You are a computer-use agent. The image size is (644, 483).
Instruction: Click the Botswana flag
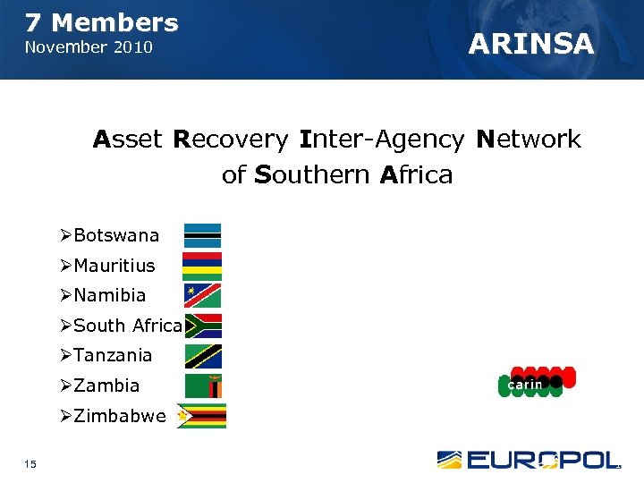coord(202,235)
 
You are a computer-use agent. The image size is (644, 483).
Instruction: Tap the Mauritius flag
coord(202,266)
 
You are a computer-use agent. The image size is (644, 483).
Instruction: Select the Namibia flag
coord(202,295)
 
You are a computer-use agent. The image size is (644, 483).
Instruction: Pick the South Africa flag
coord(203,326)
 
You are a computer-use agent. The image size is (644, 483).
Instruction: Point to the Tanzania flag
coord(203,356)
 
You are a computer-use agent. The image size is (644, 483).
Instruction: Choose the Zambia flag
coord(203,386)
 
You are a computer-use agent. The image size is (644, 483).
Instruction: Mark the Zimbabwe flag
coord(201,416)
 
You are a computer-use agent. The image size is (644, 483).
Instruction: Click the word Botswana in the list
coord(116,236)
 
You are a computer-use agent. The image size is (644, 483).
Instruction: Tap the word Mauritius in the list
coord(114,266)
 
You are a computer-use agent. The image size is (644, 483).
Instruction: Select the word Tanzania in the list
coord(113,355)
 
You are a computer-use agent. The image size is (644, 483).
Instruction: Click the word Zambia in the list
coord(106,386)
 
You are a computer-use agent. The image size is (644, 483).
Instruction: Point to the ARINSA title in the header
coord(531,44)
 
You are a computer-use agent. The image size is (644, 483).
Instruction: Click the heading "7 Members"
coord(101,22)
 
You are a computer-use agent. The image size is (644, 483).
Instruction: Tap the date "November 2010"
coord(89,47)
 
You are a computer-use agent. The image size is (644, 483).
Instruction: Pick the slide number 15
coord(32,462)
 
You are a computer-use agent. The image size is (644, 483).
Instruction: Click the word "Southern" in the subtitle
coord(313,174)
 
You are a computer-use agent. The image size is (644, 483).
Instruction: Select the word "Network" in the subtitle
coord(529,140)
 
